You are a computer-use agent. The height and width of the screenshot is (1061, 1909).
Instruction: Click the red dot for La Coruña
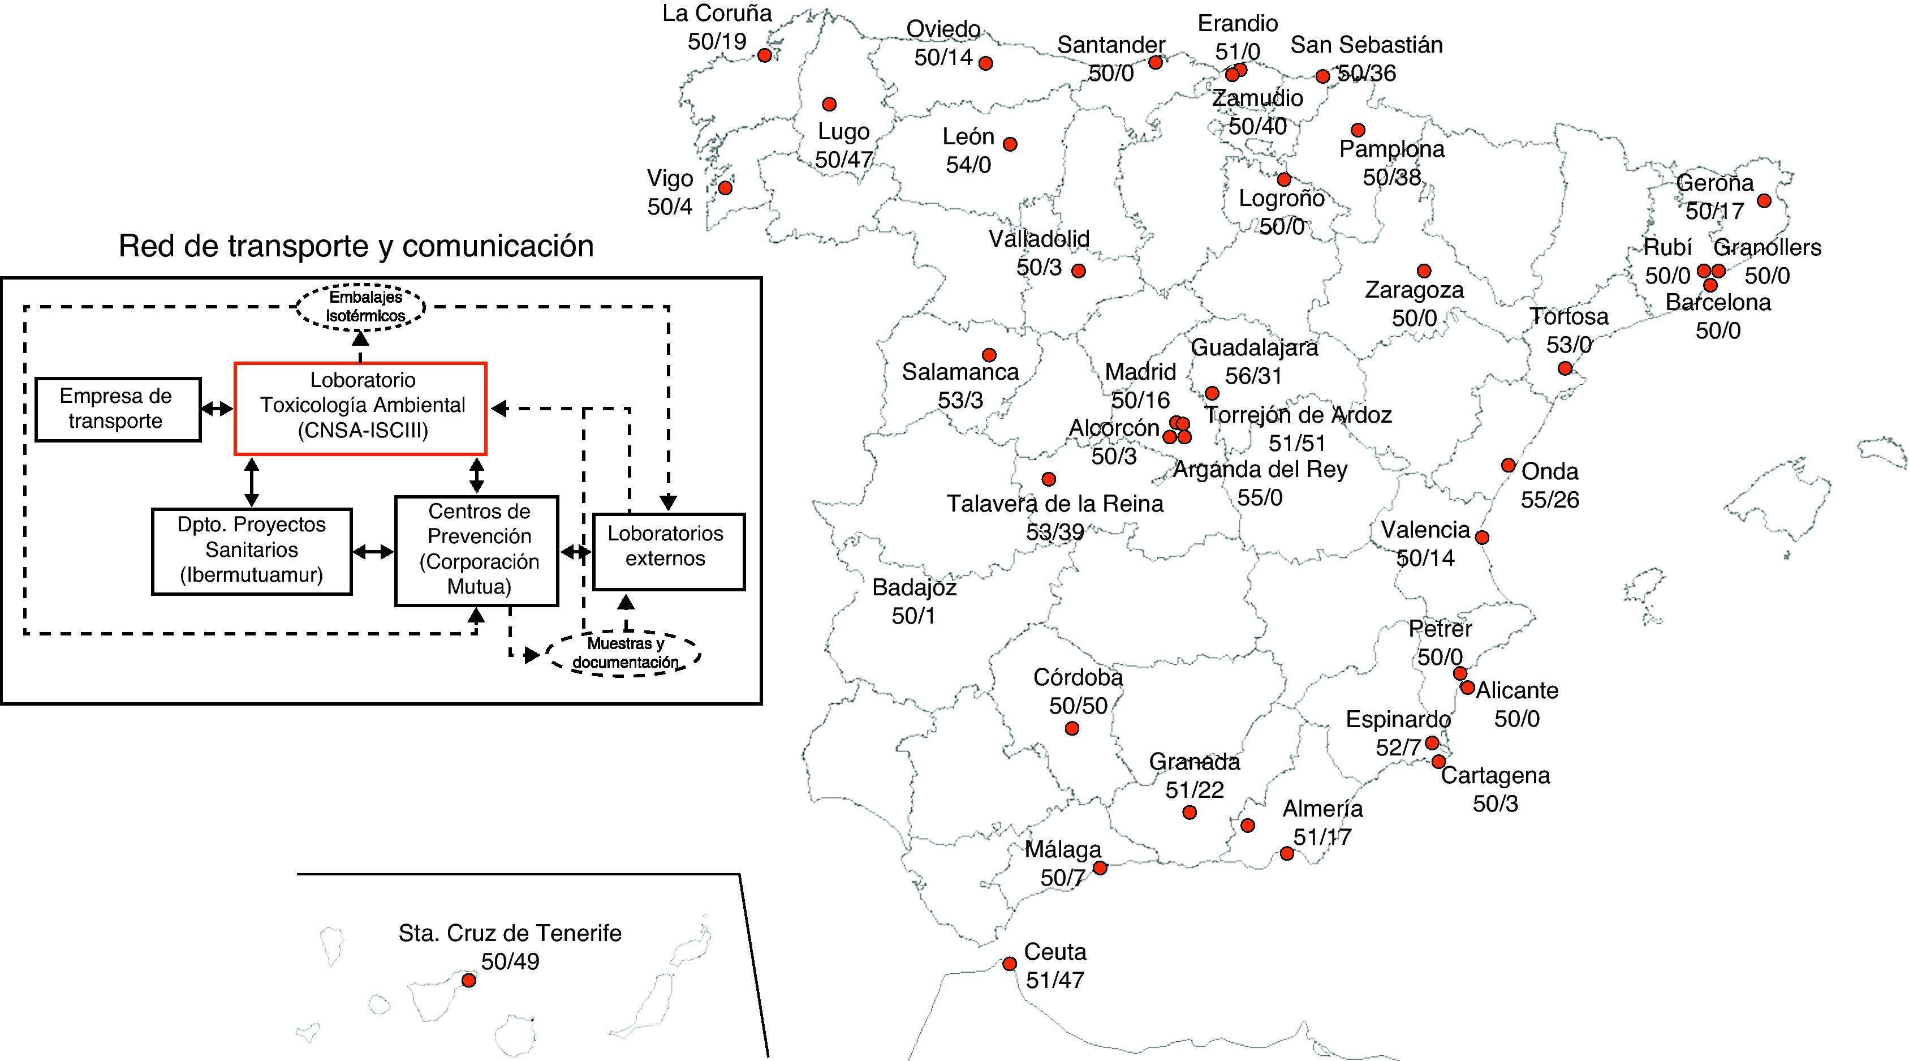765,55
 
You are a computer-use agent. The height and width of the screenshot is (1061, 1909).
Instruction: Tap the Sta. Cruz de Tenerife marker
468,980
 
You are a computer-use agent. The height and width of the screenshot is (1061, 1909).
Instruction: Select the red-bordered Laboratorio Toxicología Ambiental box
360,408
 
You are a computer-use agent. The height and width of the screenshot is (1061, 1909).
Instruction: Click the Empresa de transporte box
118,409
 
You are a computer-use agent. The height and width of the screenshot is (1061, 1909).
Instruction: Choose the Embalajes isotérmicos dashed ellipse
361,306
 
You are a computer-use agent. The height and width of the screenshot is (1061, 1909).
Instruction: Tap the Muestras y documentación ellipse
624,653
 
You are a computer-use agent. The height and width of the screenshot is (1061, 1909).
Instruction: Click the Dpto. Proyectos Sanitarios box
251,551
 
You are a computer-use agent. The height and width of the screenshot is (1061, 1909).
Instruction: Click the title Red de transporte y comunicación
356,246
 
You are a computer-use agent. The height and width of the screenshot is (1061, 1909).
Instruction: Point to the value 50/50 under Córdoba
1078,705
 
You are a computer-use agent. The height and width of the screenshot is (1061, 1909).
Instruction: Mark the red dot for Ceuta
1009,964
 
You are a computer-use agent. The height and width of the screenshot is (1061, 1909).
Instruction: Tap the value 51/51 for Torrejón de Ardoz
1297,443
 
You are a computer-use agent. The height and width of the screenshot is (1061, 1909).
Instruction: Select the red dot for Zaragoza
1424,270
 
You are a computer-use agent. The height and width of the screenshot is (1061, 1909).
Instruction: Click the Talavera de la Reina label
1054,504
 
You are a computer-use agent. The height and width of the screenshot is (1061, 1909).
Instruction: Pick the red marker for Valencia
1481,538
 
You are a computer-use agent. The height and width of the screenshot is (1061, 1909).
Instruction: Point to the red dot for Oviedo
986,63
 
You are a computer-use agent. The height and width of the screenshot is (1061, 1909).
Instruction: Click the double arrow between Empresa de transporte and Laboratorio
217,409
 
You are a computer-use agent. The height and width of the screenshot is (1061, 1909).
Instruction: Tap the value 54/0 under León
968,165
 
